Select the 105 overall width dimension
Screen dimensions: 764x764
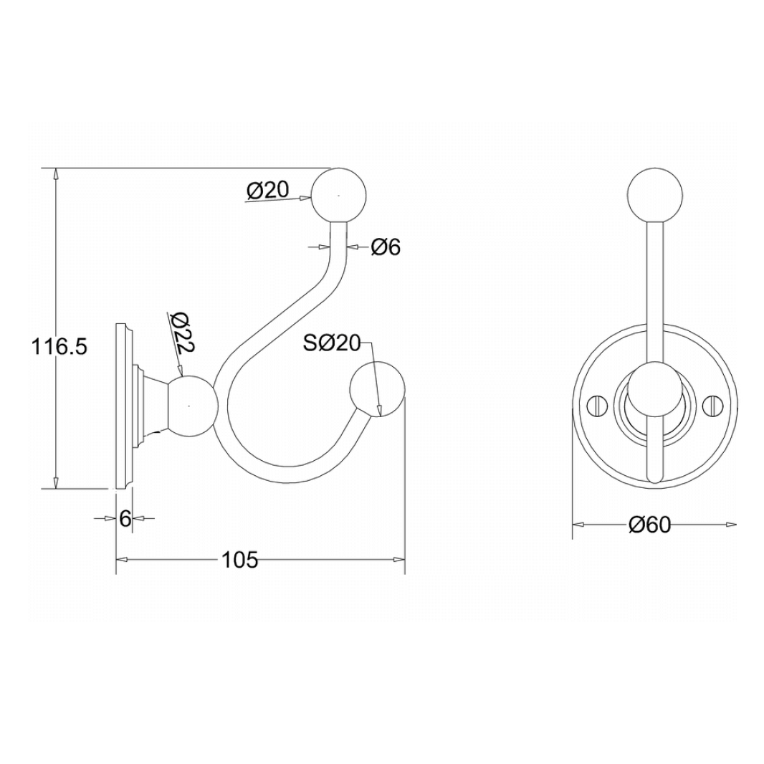[239, 560]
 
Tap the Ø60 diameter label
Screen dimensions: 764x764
[649, 525]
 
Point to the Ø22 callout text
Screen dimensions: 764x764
[183, 333]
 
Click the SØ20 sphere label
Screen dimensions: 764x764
[330, 343]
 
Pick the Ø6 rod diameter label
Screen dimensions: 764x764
[386, 247]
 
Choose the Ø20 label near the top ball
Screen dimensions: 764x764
[267, 190]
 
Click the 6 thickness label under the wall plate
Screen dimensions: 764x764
[125, 518]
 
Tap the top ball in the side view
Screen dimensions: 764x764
[338, 195]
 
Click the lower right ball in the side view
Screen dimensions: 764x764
[377, 391]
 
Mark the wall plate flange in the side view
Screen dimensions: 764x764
[124, 406]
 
